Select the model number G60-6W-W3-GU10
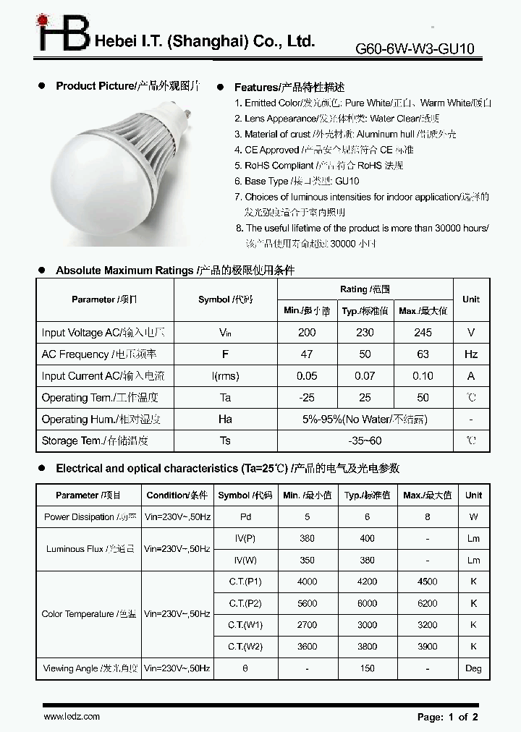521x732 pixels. tap(415, 49)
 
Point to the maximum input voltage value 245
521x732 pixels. tap(423, 333)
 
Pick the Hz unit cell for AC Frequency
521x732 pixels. tap(471, 354)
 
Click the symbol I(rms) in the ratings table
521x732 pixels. tap(225, 376)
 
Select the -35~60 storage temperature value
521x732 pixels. tap(365, 441)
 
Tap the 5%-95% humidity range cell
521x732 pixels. tap(365, 419)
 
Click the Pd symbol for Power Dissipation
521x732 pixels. tap(245, 517)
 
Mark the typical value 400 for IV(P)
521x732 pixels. tap(367, 539)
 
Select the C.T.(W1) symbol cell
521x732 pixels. tap(245, 624)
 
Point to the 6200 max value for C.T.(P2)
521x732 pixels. tap(427, 603)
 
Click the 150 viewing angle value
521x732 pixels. tap(367, 668)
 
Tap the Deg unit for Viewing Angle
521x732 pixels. tap(473, 668)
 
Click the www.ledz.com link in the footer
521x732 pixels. tap(72, 716)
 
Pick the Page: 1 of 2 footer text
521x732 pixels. tap(448, 717)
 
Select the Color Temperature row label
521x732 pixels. tap(88, 614)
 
